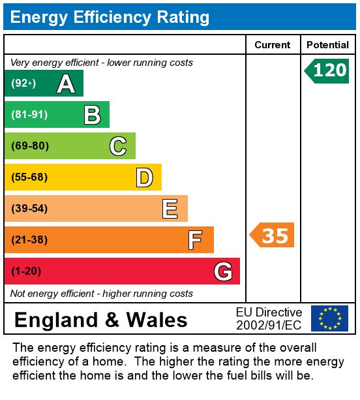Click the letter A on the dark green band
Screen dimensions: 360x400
click(66, 84)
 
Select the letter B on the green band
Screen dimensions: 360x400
click(93, 115)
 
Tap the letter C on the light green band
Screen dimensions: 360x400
click(118, 146)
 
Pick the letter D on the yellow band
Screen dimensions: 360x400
click(145, 177)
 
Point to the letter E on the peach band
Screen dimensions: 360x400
click(170, 209)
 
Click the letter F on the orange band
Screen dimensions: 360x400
click(195, 240)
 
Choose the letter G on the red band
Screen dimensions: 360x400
click(223, 271)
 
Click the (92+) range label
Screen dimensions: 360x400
click(23, 83)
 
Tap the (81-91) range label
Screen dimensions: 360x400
click(29, 115)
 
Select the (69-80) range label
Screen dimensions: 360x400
click(30, 146)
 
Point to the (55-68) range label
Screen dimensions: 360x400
click(29, 177)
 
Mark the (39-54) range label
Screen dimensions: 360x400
click(29, 208)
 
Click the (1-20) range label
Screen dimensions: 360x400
click(26, 271)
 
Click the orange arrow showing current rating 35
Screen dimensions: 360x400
click(272, 235)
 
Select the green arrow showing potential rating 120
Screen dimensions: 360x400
click(327, 71)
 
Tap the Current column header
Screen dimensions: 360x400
click(273, 45)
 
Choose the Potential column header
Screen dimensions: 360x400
click(327, 45)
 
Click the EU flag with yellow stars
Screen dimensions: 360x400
click(329, 318)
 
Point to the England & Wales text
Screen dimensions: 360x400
click(101, 320)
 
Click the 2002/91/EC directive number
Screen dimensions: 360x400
click(269, 325)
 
